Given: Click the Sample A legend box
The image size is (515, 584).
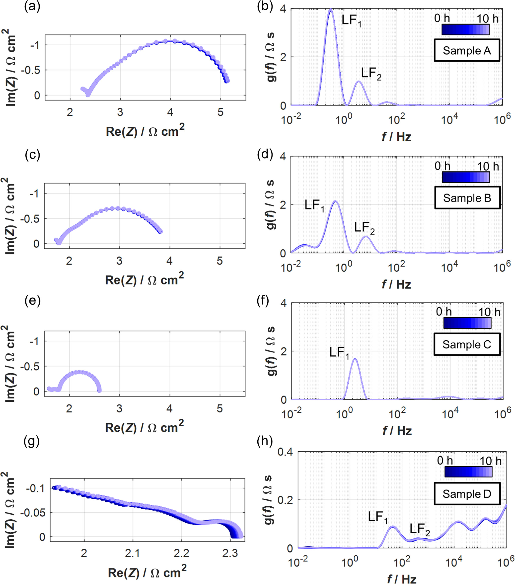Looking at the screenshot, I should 467,50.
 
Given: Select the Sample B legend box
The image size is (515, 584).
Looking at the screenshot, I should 467,198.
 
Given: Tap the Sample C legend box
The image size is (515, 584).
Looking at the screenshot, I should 467,344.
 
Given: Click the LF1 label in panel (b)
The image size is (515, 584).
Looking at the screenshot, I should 351,20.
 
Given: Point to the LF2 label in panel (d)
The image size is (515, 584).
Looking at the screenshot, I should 364,228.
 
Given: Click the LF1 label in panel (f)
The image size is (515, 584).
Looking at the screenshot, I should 339,352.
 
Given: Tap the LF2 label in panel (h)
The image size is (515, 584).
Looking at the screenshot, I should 419,529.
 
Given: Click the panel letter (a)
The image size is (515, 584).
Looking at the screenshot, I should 32,6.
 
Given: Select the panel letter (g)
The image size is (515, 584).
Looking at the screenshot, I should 32,442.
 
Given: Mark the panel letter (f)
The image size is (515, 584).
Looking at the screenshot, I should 263,301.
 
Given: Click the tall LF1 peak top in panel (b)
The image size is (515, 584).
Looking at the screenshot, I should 330,10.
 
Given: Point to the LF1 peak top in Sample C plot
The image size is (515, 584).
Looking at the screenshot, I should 355,359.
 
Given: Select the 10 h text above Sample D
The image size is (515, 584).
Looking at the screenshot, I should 490,461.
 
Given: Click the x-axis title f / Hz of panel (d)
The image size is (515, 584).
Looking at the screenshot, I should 396,285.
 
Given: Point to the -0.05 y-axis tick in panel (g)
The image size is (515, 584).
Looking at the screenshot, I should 33,513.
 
